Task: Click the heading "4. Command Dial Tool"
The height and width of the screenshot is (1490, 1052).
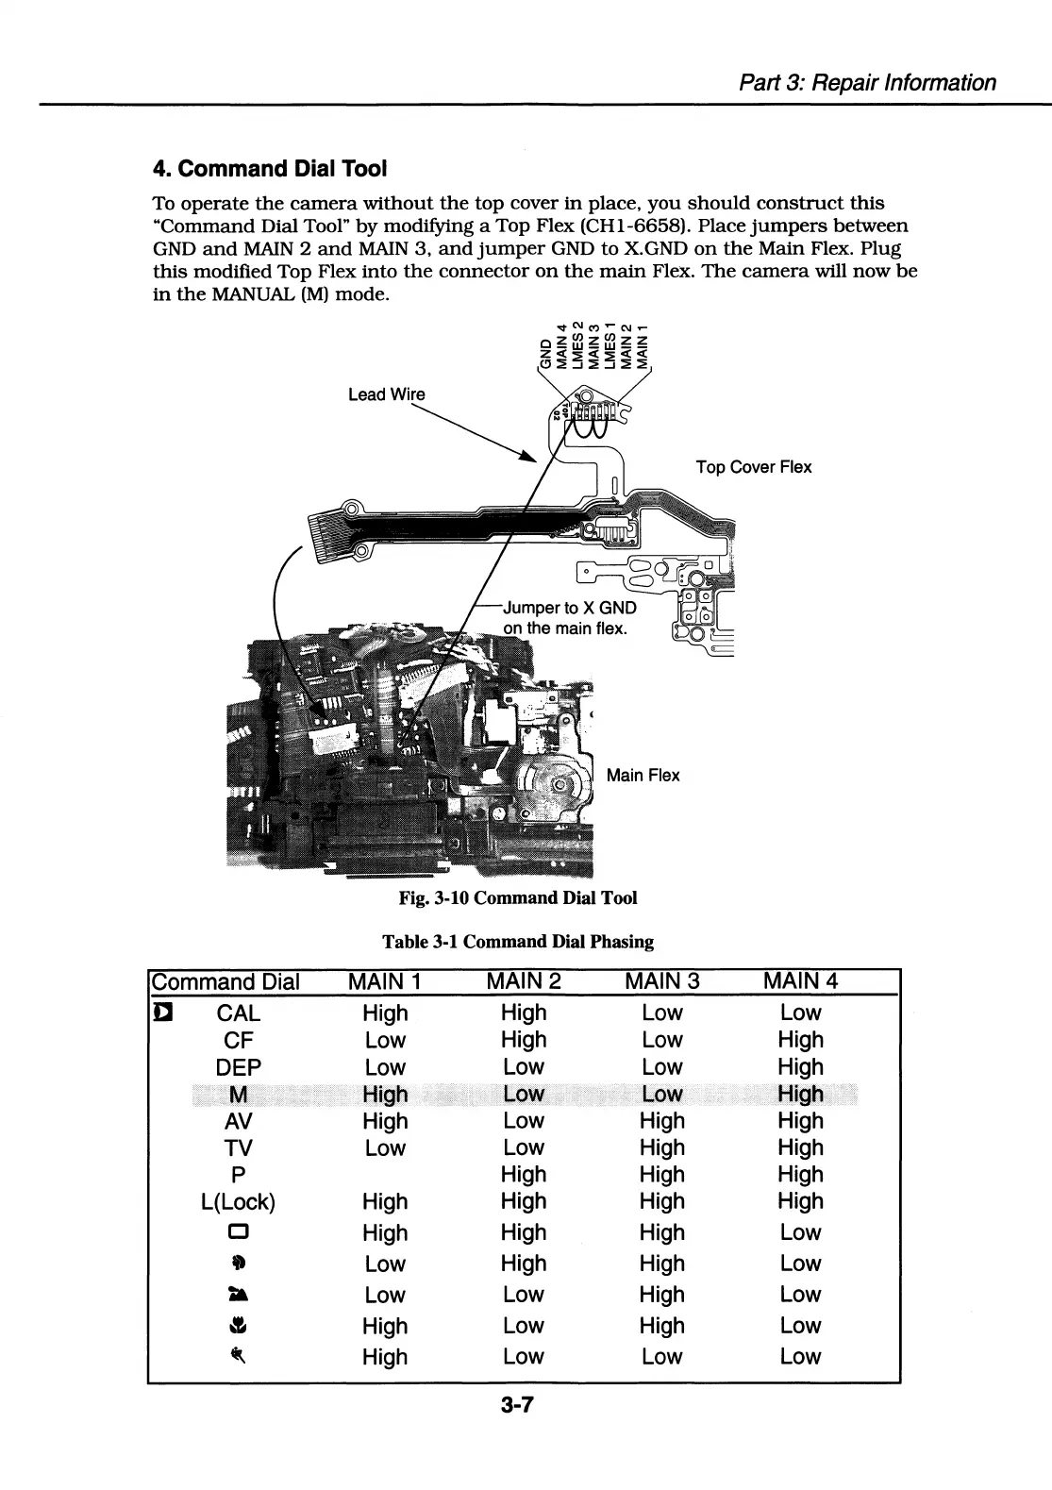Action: click(270, 169)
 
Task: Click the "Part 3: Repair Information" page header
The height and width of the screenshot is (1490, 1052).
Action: click(867, 83)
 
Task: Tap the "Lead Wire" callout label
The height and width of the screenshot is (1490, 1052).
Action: click(386, 394)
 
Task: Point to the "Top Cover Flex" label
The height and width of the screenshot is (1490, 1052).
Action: click(753, 467)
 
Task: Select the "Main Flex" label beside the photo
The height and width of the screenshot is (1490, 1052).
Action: click(643, 776)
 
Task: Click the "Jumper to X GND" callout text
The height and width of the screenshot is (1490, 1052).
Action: click(570, 608)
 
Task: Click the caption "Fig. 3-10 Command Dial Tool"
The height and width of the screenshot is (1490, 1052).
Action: click(518, 897)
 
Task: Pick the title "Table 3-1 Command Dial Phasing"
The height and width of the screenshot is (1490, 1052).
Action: click(517, 942)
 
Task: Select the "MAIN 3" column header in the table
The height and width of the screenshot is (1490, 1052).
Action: click(661, 981)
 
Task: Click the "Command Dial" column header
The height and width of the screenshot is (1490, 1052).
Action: click(225, 982)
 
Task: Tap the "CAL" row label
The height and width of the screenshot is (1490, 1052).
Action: click(238, 1013)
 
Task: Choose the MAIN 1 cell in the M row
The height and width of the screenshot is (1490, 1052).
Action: click(385, 1095)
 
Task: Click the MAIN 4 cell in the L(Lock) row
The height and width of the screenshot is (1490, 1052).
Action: click(800, 1201)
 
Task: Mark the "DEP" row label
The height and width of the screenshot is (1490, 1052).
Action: click(238, 1067)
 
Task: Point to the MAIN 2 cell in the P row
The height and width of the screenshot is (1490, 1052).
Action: click(524, 1175)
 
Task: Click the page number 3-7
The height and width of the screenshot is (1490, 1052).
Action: click(518, 1406)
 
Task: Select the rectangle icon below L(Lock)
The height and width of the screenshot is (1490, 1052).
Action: click(238, 1233)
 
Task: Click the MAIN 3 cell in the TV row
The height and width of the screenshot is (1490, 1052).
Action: click(661, 1148)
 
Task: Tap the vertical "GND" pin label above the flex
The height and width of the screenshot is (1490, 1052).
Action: click(543, 353)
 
